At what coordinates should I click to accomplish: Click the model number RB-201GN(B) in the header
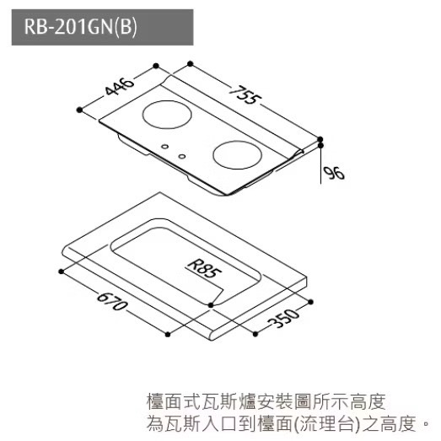[80, 27]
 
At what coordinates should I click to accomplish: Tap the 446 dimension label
[119, 86]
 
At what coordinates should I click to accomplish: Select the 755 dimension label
[245, 94]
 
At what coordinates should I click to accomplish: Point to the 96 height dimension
[334, 173]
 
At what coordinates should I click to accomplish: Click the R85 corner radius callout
[205, 269]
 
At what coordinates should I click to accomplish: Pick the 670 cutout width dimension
[112, 302]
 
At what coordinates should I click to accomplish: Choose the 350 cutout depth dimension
[284, 318]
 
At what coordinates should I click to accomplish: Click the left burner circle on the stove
[167, 115]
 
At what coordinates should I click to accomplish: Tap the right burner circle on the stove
[238, 155]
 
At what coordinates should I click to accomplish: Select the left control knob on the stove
[164, 147]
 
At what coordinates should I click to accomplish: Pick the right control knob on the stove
[182, 156]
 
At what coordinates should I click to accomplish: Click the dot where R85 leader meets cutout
[211, 305]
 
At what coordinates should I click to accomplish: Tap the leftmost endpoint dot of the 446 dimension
[79, 110]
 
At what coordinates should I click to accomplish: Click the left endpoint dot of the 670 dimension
[61, 272]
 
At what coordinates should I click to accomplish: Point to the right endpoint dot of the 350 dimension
[310, 302]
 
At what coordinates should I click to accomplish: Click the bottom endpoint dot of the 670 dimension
[168, 335]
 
